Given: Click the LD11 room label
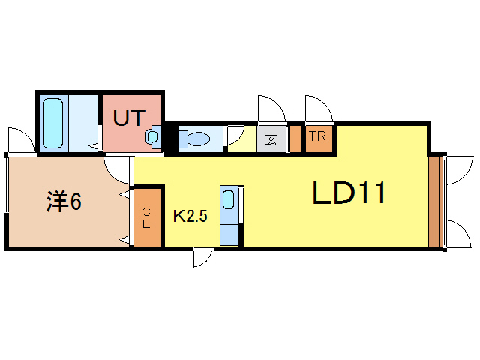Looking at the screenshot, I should tap(349, 194).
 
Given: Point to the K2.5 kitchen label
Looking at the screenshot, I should tap(190, 217).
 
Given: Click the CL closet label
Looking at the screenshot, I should tap(147, 218).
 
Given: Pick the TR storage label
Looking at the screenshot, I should tap(317, 137).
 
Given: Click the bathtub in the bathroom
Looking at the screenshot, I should tap(53, 123).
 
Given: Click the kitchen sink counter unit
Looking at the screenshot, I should tap(230, 214).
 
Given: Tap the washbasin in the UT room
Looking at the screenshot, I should tap(153, 137).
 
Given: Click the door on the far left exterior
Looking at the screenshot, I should tap(20, 140).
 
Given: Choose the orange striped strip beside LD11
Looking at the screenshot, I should tap(434, 202).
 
